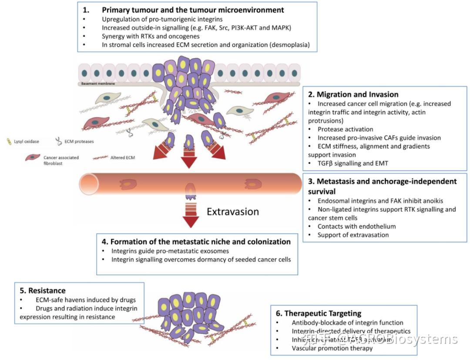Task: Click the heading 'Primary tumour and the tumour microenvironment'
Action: pyautogui.click(x=193, y=10)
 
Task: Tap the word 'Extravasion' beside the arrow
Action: pyautogui.click(x=232, y=212)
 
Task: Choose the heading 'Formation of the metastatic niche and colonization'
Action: pyautogui.click(x=200, y=241)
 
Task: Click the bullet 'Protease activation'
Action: pyautogui.click(x=345, y=129)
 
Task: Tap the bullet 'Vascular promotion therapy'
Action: pyautogui.click(x=332, y=348)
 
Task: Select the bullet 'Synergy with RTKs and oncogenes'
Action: pyautogui.click(x=151, y=36)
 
